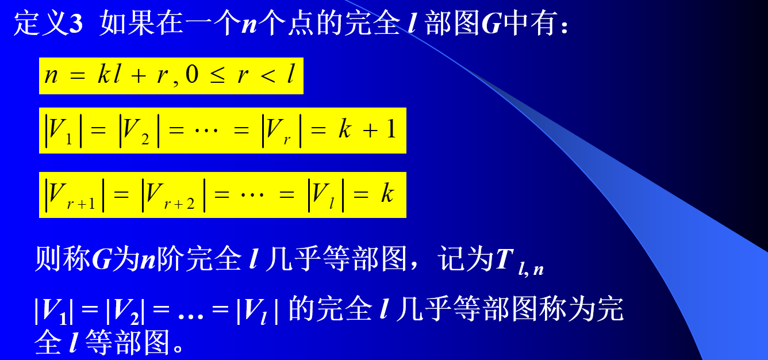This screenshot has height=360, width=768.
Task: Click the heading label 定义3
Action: click(x=49, y=25)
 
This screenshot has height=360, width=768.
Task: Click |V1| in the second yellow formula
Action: click(x=64, y=131)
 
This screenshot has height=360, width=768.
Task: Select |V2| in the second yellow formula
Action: click(x=137, y=131)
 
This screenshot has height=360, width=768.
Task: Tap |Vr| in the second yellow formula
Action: click(x=281, y=131)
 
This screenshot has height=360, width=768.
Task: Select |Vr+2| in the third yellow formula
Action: click(x=173, y=196)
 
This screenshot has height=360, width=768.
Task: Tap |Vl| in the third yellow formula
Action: click(x=325, y=196)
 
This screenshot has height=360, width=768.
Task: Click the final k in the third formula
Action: click(x=387, y=194)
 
